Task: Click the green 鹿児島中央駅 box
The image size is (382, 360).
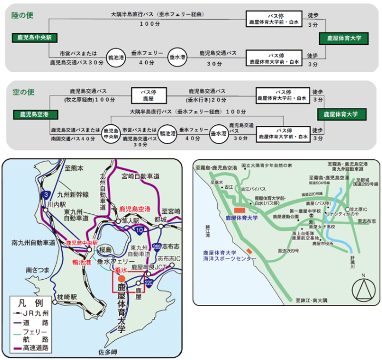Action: (31, 38)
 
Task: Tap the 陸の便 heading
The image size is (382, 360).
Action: (23, 15)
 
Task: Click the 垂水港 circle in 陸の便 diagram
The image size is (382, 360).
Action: (177, 57)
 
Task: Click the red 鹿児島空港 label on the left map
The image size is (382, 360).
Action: (135, 209)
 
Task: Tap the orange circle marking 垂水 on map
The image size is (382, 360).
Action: (121, 279)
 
